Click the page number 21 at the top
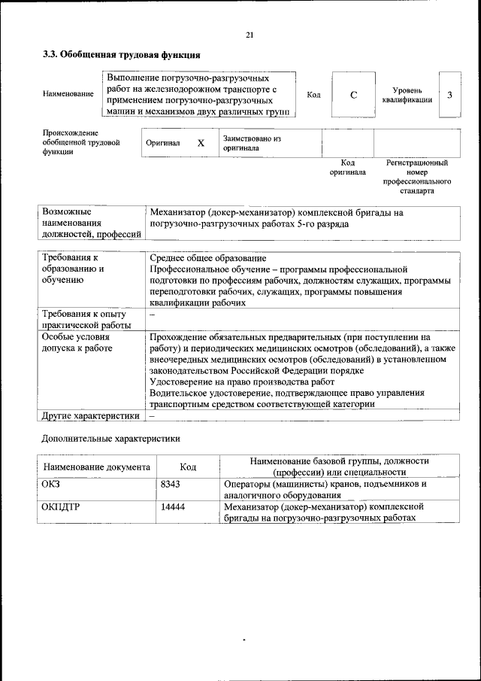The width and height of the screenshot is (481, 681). (250, 35)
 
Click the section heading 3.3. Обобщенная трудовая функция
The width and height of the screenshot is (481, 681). (121, 55)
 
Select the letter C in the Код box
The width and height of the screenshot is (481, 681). (352, 94)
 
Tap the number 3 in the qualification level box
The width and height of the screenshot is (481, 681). (449, 94)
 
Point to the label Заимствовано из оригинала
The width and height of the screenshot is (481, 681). (251, 143)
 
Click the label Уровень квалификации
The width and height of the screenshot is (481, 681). (406, 94)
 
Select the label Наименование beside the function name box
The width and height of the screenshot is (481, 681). (68, 94)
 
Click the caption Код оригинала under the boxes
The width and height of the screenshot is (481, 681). (347, 167)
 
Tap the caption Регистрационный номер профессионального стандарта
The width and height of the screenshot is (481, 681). (416, 177)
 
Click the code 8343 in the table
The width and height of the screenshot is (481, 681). (171, 485)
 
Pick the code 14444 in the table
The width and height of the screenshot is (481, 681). (173, 507)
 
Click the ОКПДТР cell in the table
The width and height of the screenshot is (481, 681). (61, 507)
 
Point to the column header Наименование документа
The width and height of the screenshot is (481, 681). (96, 467)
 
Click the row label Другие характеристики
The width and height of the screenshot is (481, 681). (91, 415)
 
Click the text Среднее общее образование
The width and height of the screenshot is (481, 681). (207, 258)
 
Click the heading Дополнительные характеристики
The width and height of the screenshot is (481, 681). (110, 438)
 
